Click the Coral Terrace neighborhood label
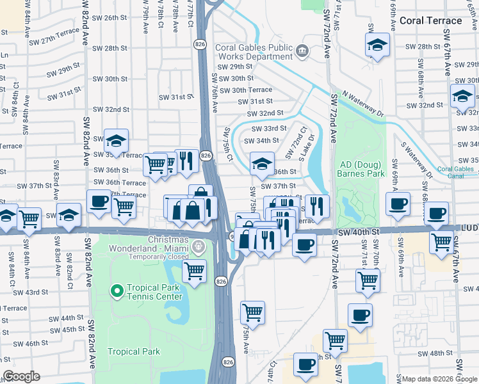pyautogui.click(x=430, y=20)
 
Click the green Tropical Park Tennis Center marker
pyautogui.click(x=117, y=292)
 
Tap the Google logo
pyautogui.click(x=21, y=376)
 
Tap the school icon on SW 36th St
pyautogui.click(x=262, y=164)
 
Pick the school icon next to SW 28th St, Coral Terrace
pyautogui.click(x=378, y=45)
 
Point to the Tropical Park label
pyautogui.click(x=133, y=351)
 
